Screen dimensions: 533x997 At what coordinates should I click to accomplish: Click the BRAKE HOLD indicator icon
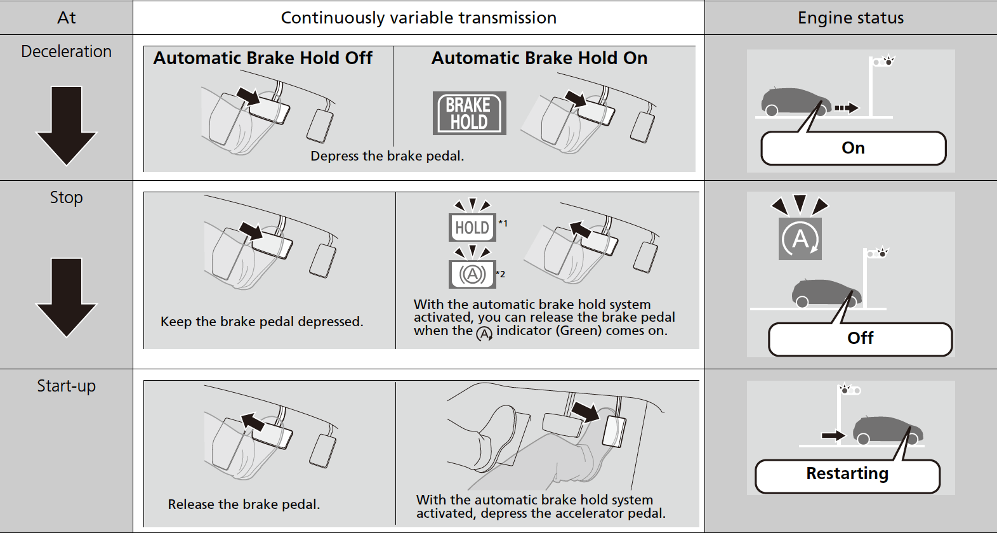(x=469, y=114)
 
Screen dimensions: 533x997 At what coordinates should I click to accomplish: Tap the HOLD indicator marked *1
(x=472, y=227)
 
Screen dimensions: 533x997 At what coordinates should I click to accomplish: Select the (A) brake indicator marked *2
(x=472, y=274)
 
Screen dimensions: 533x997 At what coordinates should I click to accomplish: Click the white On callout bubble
(x=853, y=148)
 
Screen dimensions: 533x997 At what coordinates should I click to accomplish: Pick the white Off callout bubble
(x=860, y=339)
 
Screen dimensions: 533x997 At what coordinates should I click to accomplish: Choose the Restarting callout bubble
(x=847, y=475)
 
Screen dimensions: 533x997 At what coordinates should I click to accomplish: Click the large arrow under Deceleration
(x=67, y=125)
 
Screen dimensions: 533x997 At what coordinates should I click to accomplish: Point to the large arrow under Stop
(x=67, y=297)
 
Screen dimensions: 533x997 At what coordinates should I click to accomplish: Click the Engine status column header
(x=850, y=18)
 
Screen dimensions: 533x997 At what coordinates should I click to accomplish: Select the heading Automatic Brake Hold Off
(x=263, y=58)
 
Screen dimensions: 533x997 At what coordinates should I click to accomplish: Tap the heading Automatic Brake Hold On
(x=539, y=58)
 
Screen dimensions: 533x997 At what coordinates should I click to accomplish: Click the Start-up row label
(x=67, y=386)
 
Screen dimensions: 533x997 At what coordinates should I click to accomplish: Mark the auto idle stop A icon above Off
(x=800, y=239)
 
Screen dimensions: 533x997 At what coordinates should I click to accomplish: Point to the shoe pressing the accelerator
(x=495, y=431)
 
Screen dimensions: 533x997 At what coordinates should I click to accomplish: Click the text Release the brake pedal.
(x=244, y=504)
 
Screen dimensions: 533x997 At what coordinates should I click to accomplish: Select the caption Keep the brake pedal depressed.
(x=261, y=322)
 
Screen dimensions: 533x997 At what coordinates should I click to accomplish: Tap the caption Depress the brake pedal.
(x=387, y=156)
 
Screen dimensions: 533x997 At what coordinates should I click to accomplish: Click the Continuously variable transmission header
(x=419, y=18)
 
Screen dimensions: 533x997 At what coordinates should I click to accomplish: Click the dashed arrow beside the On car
(x=846, y=108)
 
